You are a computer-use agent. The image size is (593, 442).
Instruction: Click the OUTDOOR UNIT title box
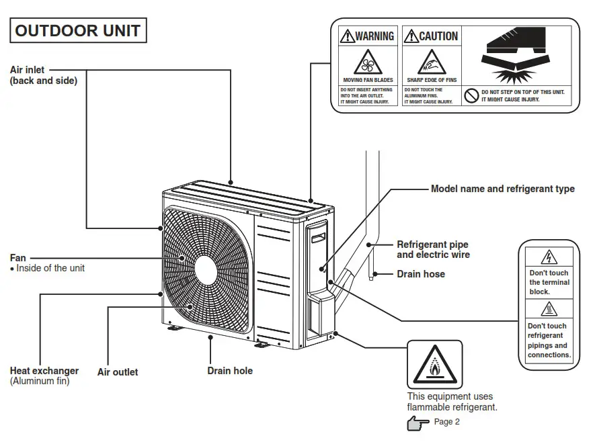77,31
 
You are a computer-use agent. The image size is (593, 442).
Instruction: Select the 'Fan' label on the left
18,258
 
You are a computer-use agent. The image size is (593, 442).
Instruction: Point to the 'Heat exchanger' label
44,371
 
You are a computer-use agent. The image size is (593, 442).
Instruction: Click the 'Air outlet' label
118,372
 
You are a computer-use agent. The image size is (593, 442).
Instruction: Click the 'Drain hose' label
421,274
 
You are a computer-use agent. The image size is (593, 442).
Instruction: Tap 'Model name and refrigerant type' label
502,189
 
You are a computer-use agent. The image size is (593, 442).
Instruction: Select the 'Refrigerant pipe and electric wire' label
433,250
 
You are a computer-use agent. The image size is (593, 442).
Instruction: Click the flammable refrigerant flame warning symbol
435,365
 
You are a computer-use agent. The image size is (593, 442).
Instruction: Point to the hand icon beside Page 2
418,423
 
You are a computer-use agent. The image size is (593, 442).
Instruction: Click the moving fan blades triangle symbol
367,64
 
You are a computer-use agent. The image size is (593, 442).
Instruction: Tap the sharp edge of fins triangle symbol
431,64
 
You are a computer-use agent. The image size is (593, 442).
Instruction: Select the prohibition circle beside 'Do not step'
472,95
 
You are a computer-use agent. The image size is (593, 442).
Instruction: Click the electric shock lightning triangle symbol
549,257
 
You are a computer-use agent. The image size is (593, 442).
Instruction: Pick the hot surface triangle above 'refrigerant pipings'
549,310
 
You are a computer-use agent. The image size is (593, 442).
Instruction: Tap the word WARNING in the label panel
374,36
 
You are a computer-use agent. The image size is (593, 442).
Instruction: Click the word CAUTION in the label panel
438,36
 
